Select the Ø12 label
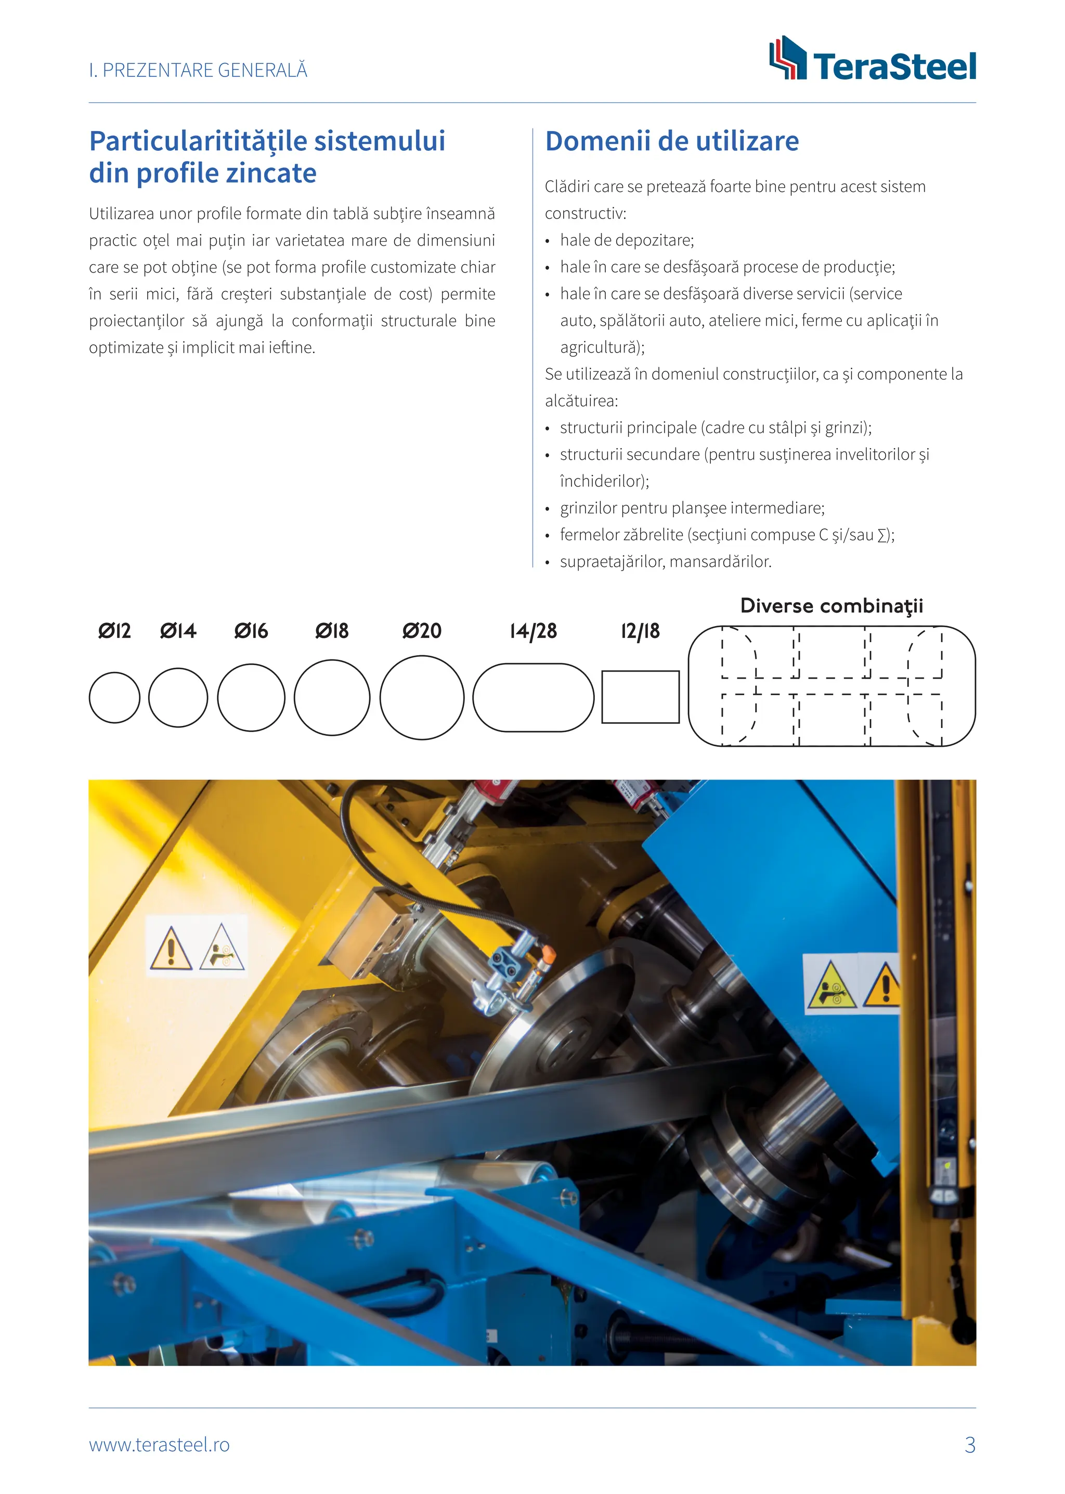pos(115,631)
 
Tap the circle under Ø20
pos(422,697)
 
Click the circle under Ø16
pos(251,697)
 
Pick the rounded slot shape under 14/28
pos(533,697)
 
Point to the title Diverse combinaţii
pos(831,605)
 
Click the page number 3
pos(969,1445)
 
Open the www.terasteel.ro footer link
pos(159,1445)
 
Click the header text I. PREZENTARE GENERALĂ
pos(198,70)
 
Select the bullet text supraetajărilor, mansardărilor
pos(665,562)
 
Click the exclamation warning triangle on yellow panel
pos(171,949)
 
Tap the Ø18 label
pos(332,631)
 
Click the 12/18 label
pos(640,631)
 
